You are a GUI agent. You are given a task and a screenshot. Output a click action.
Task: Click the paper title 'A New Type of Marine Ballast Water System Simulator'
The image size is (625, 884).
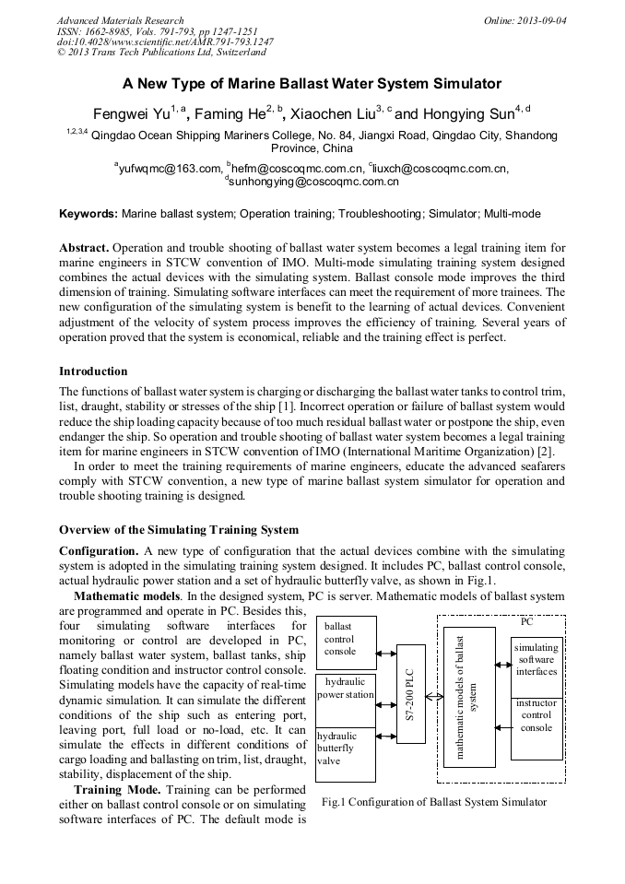click(x=312, y=84)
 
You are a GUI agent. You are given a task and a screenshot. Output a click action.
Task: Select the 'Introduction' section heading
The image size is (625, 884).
click(x=93, y=371)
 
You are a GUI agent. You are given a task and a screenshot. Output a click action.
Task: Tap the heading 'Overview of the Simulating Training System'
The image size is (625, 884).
click(x=179, y=529)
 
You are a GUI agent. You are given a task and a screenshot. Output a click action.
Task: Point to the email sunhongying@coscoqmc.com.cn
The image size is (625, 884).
click(x=313, y=183)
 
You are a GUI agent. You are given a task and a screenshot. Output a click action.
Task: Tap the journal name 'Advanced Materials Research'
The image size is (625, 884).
click(x=120, y=20)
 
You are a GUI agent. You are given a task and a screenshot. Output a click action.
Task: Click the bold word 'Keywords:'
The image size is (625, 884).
click(x=88, y=214)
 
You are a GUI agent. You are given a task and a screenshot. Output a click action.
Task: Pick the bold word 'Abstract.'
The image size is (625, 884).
click(x=85, y=249)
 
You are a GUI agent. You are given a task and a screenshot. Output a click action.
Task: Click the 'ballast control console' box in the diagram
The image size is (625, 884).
click(x=346, y=643)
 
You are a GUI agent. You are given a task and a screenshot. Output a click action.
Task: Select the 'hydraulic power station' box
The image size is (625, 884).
click(x=346, y=700)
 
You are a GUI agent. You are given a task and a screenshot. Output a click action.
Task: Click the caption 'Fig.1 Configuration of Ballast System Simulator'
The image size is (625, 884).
click(x=434, y=802)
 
